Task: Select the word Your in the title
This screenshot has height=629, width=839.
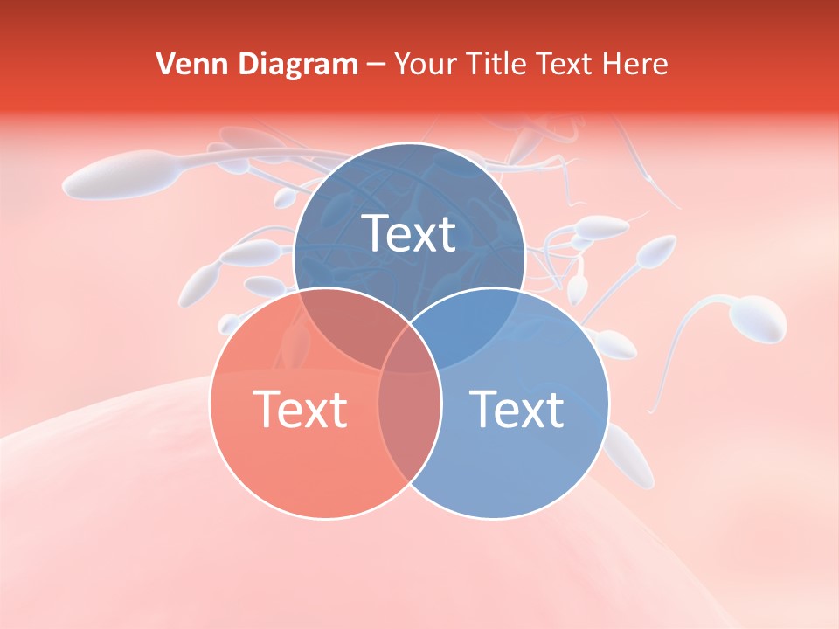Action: click(427, 64)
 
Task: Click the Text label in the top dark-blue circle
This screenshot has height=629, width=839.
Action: click(409, 233)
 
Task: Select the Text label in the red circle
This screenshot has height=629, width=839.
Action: click(300, 409)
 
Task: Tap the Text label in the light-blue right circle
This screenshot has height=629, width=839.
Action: click(517, 409)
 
